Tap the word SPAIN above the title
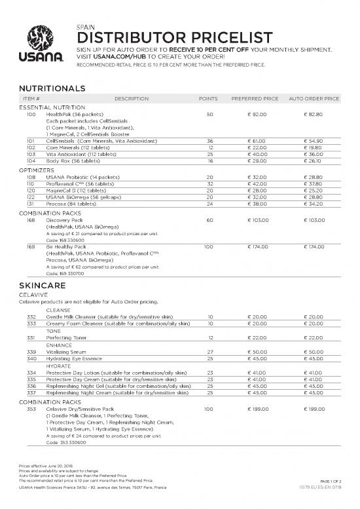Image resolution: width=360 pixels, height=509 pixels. coord(85,25)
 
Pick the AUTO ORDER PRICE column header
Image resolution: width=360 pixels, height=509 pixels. coord(314,98)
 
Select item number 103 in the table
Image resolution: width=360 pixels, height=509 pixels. coord(31,154)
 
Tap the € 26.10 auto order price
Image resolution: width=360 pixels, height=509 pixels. coord(314,160)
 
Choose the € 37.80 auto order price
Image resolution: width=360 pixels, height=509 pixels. coord(314,183)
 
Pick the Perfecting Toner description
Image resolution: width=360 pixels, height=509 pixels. coord(66,337)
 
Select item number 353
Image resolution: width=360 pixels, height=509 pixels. coord(31,409)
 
